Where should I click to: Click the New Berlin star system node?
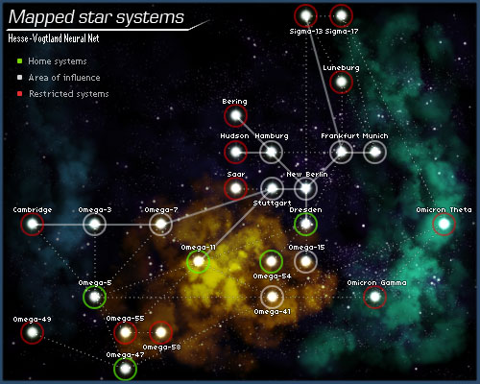pyautogui.click(x=306, y=188)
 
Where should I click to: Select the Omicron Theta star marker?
pyautogui.click(x=444, y=224)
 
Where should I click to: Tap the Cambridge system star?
pyautogui.click(x=33, y=224)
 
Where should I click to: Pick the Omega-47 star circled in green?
pyautogui.click(x=125, y=369)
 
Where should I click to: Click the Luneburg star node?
pyautogui.click(x=341, y=82)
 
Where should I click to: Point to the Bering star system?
pyautogui.click(x=235, y=115)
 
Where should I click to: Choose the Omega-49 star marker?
pyautogui.click(x=33, y=332)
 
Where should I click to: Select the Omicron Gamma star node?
pyautogui.click(x=375, y=297)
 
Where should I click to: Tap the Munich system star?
pyautogui.click(x=375, y=152)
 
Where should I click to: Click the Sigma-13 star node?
pyautogui.click(x=306, y=15)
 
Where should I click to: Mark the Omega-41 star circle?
pyautogui.click(x=272, y=297)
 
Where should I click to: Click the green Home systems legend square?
pyautogui.click(x=20, y=60)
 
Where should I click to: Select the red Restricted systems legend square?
pyautogui.click(x=20, y=94)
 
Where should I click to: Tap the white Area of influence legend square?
pyautogui.click(x=20, y=78)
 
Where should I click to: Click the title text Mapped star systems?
pyautogui.click(x=96, y=17)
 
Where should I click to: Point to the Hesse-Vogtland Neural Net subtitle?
pyautogui.click(x=54, y=38)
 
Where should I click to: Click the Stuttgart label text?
pyautogui.click(x=272, y=204)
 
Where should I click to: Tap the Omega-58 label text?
pyautogui.click(x=161, y=348)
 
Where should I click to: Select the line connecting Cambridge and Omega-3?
pyautogui.click(x=63, y=225)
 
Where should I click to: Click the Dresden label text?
pyautogui.click(x=305, y=210)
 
